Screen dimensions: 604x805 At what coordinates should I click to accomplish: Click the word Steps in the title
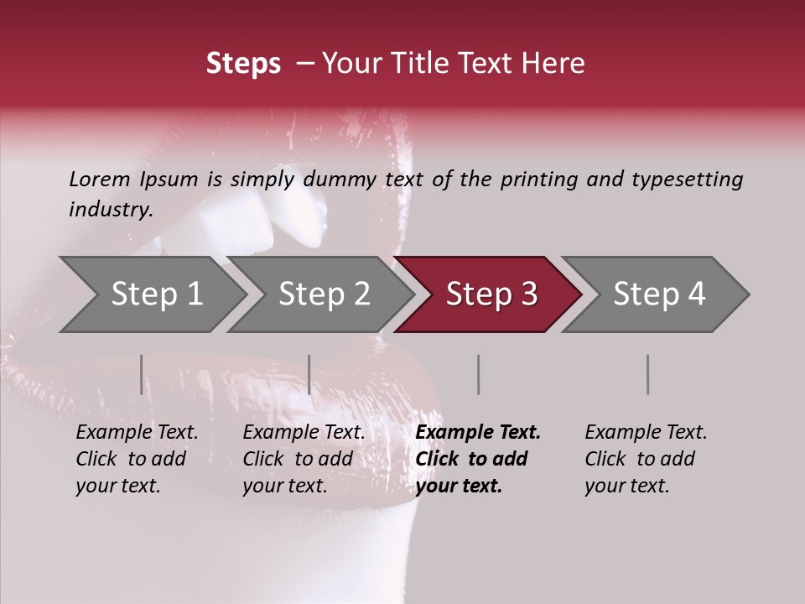pyautogui.click(x=243, y=64)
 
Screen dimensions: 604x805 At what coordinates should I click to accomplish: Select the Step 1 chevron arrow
pyautogui.click(x=154, y=294)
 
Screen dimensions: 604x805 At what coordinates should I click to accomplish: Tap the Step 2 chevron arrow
pyautogui.click(x=322, y=294)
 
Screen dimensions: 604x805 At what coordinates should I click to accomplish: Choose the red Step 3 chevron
pyautogui.click(x=490, y=294)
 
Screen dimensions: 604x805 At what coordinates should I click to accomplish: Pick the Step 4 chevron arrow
pyautogui.click(x=657, y=294)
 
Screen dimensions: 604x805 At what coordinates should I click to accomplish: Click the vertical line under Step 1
pyautogui.click(x=142, y=374)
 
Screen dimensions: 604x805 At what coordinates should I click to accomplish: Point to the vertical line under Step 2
pyautogui.click(x=309, y=374)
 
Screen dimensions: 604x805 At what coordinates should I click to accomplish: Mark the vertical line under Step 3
pyautogui.click(x=478, y=374)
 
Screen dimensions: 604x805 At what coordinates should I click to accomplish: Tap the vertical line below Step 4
pyautogui.click(x=647, y=374)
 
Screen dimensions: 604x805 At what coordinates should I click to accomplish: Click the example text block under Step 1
pyautogui.click(x=137, y=459)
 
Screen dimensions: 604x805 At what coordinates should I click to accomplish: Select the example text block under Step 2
pyautogui.click(x=304, y=459)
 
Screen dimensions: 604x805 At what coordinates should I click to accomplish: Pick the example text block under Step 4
pyautogui.click(x=646, y=459)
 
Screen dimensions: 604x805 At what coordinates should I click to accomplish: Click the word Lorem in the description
pyautogui.click(x=100, y=180)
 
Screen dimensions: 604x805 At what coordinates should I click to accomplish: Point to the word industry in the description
pyautogui.click(x=110, y=210)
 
